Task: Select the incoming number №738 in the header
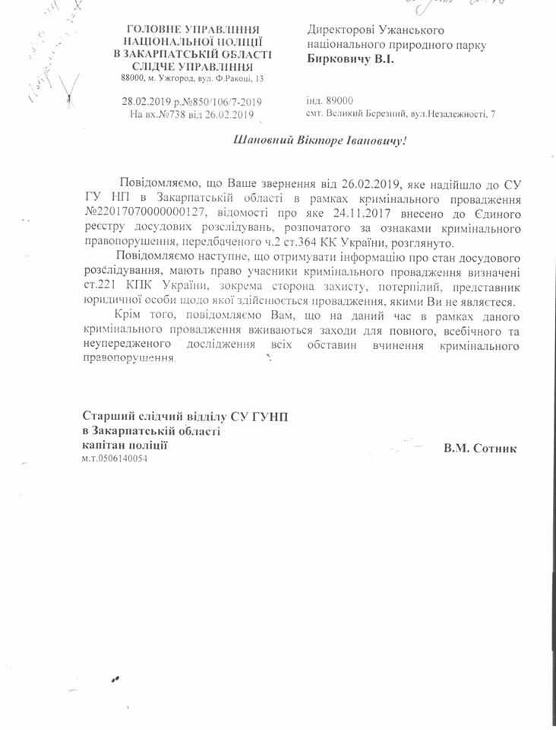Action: (166, 114)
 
